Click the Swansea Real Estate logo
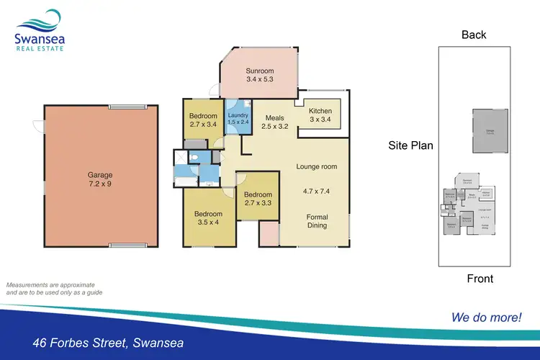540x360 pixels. (x=39, y=30)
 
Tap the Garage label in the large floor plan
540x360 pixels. (x=101, y=174)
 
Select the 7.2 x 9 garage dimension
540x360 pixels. (x=101, y=184)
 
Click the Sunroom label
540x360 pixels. (x=259, y=71)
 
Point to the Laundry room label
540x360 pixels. (x=238, y=115)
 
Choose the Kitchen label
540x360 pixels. (x=320, y=111)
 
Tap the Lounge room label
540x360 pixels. (x=317, y=167)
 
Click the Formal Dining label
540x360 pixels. (x=317, y=221)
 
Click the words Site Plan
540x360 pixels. (x=411, y=145)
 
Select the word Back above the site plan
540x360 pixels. (x=474, y=35)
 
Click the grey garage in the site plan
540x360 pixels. (x=489, y=132)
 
